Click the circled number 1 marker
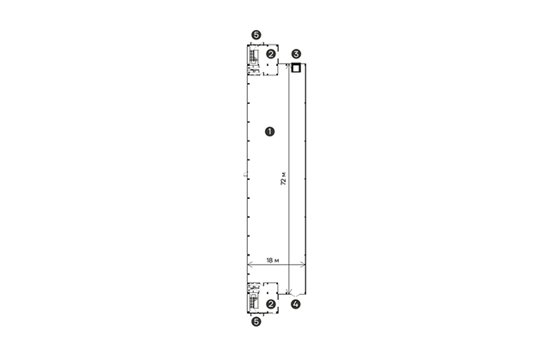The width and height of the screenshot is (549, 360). tap(269, 131)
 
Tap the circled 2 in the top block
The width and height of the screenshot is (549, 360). tap(271, 54)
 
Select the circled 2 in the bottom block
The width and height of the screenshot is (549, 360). tap(271, 304)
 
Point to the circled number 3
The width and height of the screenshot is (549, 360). tap(296, 54)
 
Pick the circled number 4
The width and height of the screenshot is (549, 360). tap(296, 304)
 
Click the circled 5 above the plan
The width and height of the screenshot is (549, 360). tap(256, 35)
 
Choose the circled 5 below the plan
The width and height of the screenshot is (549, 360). tap(256, 321)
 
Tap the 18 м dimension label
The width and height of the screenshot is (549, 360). tap(273, 261)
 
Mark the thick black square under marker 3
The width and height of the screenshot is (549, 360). tap(296, 68)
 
